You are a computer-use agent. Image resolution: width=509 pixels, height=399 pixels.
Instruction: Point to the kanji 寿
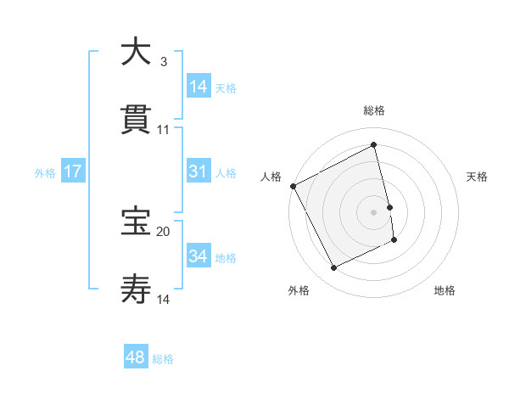136,289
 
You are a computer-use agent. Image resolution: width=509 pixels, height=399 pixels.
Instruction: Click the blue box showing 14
199,87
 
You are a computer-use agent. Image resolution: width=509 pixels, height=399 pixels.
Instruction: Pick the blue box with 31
199,171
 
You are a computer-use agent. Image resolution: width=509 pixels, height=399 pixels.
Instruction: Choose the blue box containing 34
199,256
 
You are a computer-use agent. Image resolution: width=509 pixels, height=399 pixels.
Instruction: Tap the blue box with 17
73,171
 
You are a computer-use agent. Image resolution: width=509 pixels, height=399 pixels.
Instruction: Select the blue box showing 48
136,357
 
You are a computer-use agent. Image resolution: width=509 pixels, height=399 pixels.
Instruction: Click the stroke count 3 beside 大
163,61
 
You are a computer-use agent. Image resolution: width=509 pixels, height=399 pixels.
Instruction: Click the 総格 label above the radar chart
374,110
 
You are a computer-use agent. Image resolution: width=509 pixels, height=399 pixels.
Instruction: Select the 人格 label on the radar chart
271,177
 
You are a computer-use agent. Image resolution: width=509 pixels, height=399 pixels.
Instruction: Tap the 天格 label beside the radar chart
478,177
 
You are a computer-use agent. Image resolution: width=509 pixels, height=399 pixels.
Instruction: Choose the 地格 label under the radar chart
445,290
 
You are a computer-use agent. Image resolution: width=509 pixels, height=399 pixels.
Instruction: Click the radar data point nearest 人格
293,186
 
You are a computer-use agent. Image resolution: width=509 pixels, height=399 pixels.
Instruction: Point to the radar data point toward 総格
374,145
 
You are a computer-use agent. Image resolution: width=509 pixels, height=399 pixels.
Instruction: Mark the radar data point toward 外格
333,268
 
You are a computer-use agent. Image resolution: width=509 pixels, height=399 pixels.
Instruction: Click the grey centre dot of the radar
374,212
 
